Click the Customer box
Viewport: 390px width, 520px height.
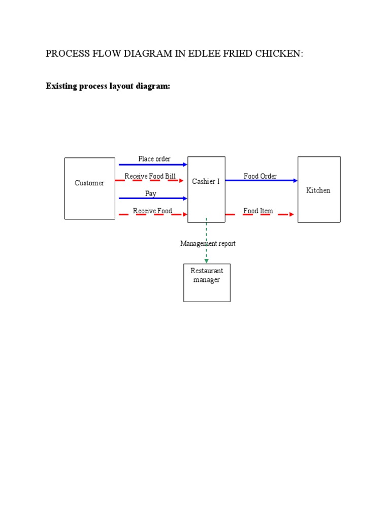[x=89, y=188]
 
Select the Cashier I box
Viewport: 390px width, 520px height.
[x=206, y=189]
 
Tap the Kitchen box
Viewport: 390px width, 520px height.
[x=318, y=189]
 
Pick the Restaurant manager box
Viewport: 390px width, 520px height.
[x=207, y=283]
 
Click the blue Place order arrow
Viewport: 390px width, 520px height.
[x=153, y=165]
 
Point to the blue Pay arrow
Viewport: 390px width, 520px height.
[x=153, y=199]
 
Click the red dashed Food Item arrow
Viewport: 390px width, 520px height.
[x=259, y=214]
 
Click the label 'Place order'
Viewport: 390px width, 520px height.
[x=154, y=159]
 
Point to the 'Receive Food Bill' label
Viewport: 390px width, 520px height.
[x=150, y=176]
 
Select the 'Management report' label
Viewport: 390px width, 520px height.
[x=208, y=244]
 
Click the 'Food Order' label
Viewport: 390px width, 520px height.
[x=260, y=176]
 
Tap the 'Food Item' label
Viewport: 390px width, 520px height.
[x=258, y=211]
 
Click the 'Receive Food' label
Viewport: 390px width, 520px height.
[x=152, y=211]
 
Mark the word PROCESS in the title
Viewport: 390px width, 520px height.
[x=64, y=54]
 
